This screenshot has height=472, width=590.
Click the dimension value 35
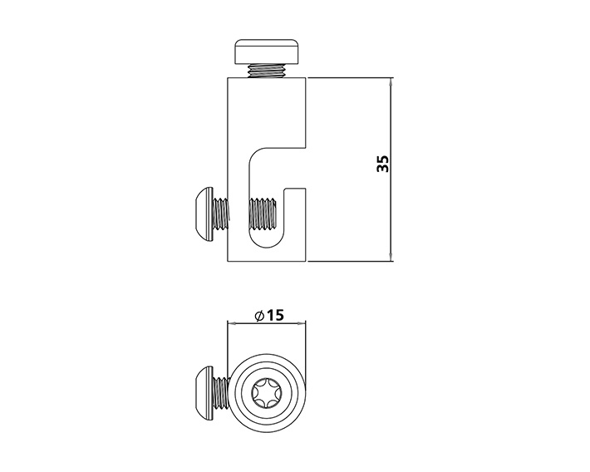coord(382,164)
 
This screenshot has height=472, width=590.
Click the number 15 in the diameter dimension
coord(276,315)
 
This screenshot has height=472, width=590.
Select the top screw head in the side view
coord(267,52)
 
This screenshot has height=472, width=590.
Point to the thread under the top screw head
coord(267,71)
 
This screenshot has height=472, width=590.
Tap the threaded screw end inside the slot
coord(263,214)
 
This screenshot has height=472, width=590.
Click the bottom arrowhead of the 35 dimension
coord(391,257)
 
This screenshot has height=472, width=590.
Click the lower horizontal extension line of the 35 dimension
coord(349,262)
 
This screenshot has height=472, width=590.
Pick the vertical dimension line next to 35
coord(391,208)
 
